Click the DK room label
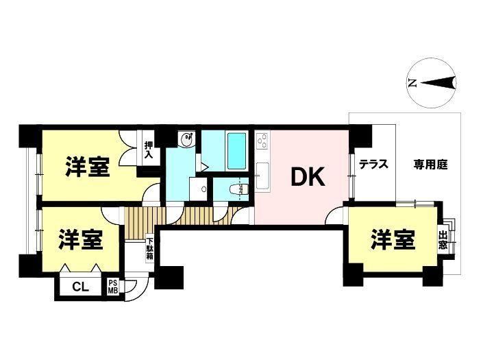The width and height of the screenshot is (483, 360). click(x=308, y=177)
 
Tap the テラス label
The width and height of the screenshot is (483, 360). click(x=373, y=165)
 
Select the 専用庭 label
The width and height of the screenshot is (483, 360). click(x=430, y=165)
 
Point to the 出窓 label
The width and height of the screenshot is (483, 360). click(x=443, y=241)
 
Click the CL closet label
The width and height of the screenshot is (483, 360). click(x=80, y=287)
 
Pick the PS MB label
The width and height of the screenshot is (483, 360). click(x=113, y=287)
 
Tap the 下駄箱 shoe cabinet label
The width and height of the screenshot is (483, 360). click(x=150, y=248)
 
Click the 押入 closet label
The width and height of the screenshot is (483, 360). click(x=149, y=149)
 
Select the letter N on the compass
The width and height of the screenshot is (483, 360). click(x=412, y=83)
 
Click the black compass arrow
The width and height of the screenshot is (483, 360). click(x=438, y=82)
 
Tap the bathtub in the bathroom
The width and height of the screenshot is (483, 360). click(x=236, y=151)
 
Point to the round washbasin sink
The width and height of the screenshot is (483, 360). click(x=186, y=139)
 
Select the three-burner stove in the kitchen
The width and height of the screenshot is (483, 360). click(x=262, y=141)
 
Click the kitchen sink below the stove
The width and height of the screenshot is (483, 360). click(x=262, y=177)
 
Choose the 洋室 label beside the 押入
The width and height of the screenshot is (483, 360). click(x=88, y=167)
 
